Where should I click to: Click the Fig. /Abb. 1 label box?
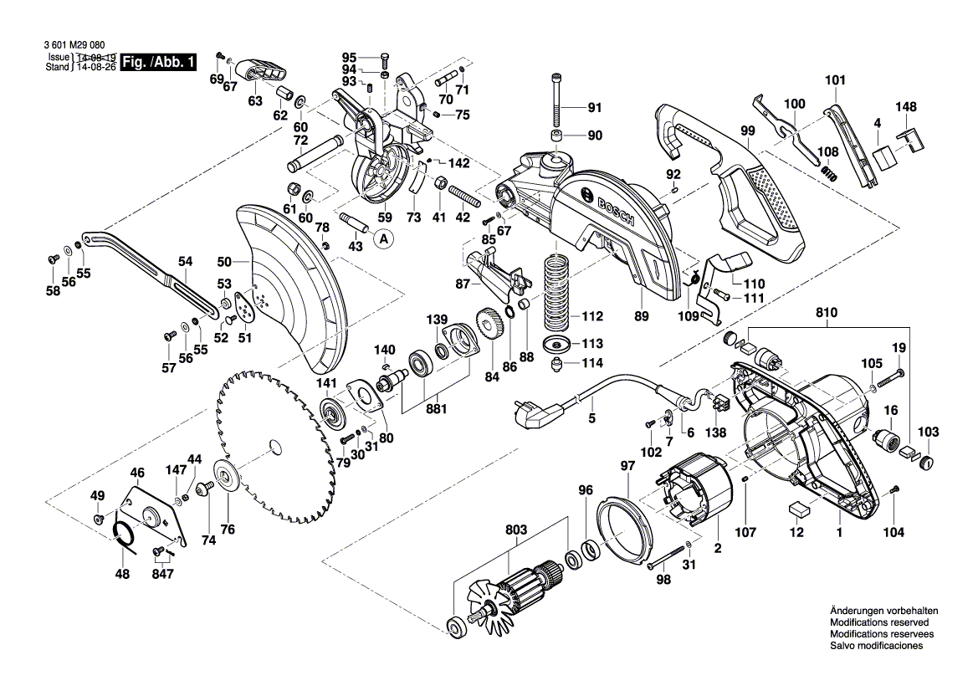point(159,63)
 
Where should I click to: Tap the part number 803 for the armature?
point(516,530)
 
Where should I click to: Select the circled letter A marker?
point(384,240)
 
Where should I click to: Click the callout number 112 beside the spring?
point(591,316)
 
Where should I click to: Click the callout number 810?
point(827,315)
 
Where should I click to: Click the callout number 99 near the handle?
point(747,131)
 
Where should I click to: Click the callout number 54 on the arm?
point(185,261)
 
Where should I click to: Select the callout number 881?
point(435,409)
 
